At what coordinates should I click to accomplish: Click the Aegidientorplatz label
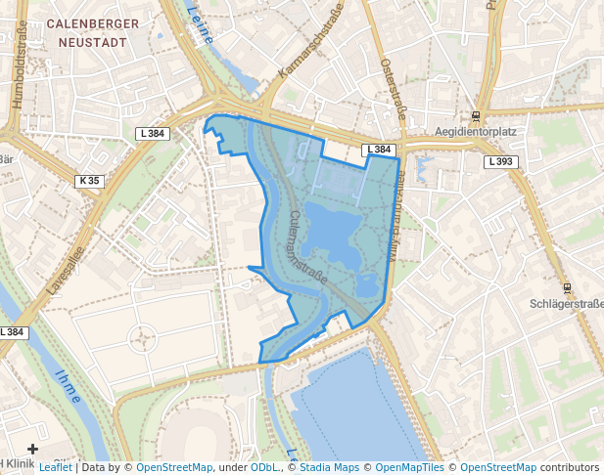(x=476, y=131)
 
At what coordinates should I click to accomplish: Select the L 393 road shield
(x=498, y=161)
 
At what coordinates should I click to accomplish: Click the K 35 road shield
(x=89, y=181)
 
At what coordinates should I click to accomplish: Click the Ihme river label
(x=69, y=385)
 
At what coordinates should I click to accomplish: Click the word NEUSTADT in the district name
(x=92, y=42)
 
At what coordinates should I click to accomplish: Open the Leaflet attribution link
(x=55, y=467)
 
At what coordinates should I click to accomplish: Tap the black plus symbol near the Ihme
(x=32, y=449)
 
